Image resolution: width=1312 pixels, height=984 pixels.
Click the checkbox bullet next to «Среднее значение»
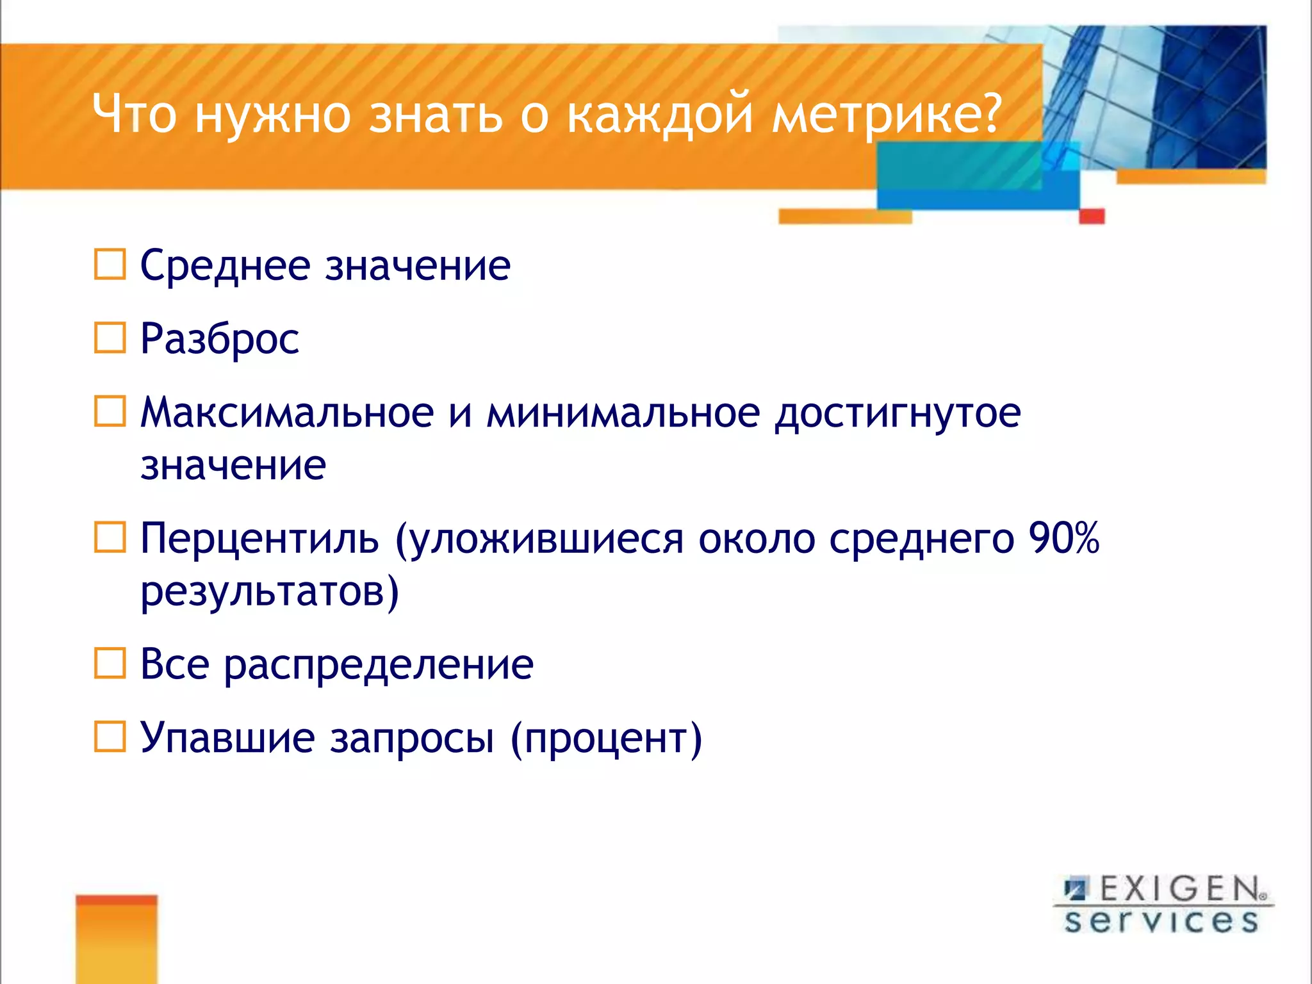click(x=110, y=264)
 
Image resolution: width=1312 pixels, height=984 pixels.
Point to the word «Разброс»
click(x=219, y=339)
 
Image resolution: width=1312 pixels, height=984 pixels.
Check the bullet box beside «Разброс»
click(x=110, y=338)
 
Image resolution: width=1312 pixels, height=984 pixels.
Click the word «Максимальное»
click(x=286, y=412)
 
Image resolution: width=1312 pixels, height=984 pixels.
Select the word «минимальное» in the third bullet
click(x=623, y=412)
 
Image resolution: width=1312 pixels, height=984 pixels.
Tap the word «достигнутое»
click(x=898, y=413)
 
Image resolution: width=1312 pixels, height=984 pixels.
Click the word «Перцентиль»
click(x=259, y=538)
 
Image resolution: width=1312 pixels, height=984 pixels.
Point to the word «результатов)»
click(x=270, y=591)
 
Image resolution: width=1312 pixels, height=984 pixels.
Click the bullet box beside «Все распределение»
click(x=110, y=663)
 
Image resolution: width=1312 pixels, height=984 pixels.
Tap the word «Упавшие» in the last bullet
click(x=227, y=737)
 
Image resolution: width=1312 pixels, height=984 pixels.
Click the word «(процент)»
click(x=606, y=739)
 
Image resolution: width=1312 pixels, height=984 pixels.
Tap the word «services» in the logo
click(x=1161, y=921)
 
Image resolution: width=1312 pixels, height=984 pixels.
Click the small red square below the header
click(x=1092, y=216)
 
